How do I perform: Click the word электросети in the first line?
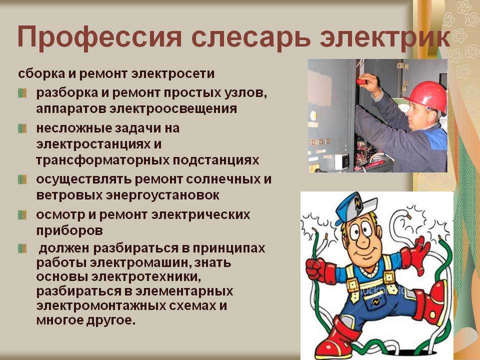(x=173, y=74)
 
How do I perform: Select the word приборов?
(x=69, y=231)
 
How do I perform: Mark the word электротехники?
(x=146, y=277)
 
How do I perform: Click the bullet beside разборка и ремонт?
(x=22, y=93)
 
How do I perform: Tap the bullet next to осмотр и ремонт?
(x=22, y=215)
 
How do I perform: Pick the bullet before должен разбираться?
(x=22, y=248)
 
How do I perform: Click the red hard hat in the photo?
(x=426, y=95)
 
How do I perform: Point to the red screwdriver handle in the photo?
(x=361, y=81)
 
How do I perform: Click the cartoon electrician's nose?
(x=363, y=242)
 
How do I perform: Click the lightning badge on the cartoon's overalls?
(x=375, y=303)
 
